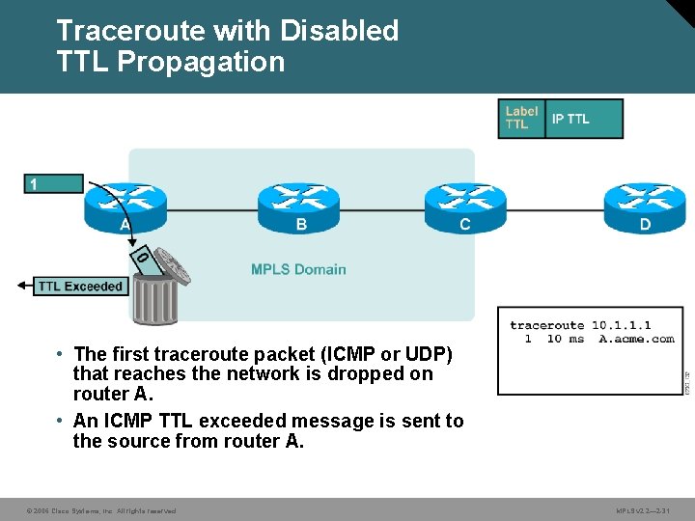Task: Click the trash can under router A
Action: point(154,294)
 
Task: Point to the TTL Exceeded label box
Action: point(81,286)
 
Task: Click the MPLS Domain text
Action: point(298,269)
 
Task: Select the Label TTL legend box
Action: point(521,119)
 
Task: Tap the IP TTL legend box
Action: point(583,119)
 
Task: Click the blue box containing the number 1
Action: point(53,183)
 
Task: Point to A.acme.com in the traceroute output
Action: point(636,339)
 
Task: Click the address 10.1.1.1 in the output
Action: point(622,325)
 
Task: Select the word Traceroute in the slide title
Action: point(130,31)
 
